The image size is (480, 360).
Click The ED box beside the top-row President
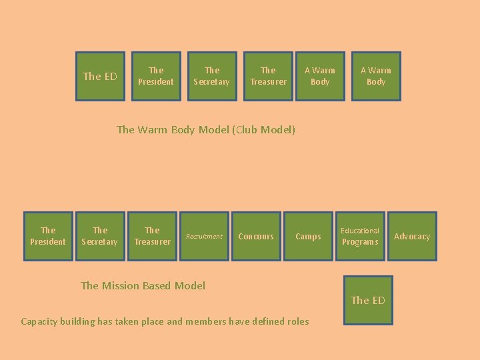pos(100,76)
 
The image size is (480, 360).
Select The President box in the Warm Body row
pos(156,76)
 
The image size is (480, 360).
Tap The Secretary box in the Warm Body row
pos(212,76)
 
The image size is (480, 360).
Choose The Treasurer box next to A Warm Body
pos(268,76)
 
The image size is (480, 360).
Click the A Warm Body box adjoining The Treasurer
pos(320,76)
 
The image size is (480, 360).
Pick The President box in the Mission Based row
pos(48,236)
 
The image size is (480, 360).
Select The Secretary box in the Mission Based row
pos(100,236)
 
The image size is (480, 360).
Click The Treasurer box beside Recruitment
pos(152,236)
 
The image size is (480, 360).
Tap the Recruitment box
pos(204,236)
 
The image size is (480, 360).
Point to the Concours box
pos(256,236)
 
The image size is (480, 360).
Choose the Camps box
pos(308,236)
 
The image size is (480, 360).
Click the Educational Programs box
pos(360,236)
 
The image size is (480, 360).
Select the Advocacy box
pos(412,236)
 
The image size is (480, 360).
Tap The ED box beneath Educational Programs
pos(368,300)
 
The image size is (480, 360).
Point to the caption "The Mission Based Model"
pos(143,285)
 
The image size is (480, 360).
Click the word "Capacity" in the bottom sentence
pos(39,321)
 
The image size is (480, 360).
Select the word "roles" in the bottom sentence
pos(297,321)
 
